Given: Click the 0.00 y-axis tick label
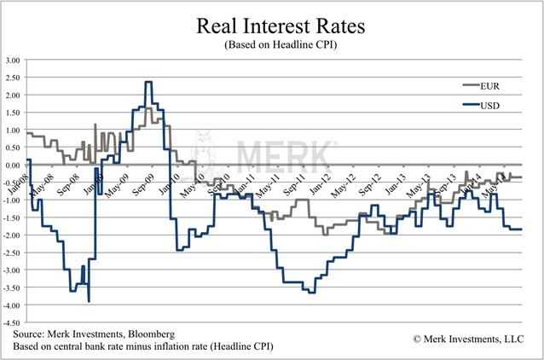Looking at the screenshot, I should point(13,165).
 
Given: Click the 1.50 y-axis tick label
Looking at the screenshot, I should point(13,113).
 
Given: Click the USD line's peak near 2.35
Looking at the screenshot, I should point(148,82).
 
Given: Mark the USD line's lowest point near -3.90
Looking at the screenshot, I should point(90,300).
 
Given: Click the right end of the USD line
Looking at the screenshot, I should point(521,229).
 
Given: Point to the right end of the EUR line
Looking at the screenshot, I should point(521,177).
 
